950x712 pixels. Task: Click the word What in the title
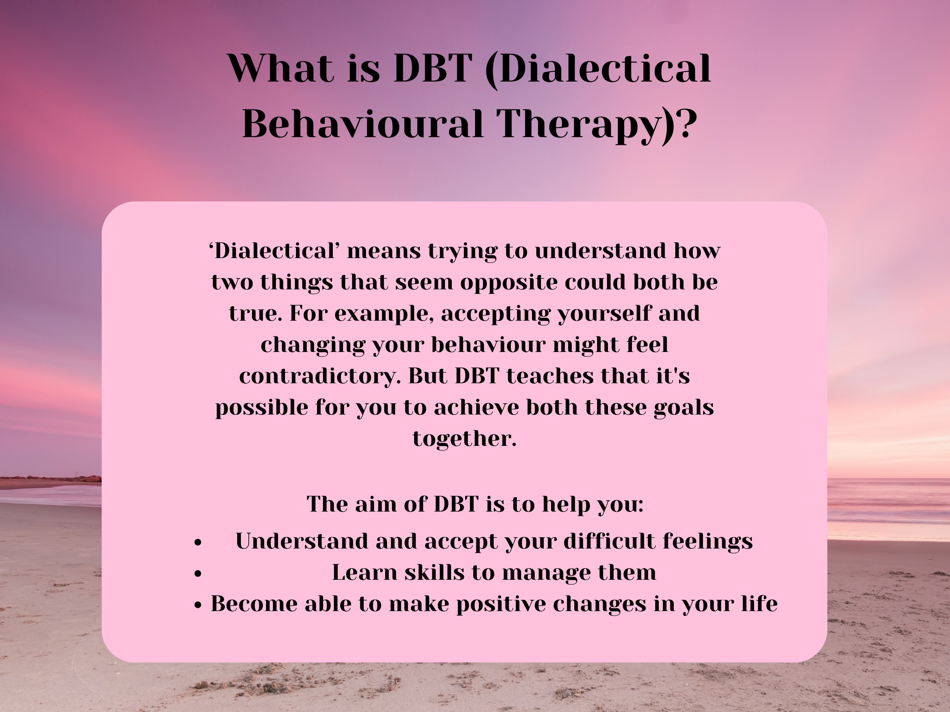tap(281, 69)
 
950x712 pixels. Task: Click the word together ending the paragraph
tap(464, 438)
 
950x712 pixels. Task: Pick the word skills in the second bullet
tap(434, 572)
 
